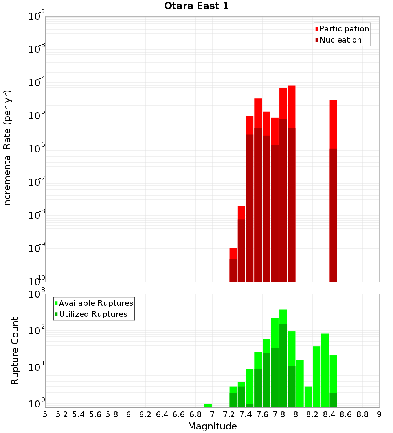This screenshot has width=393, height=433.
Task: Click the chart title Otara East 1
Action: tap(196, 6)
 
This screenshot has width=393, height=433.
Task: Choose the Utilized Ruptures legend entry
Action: tap(93, 314)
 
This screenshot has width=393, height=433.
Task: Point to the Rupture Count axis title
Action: tap(15, 351)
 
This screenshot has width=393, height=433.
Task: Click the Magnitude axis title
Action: tap(212, 426)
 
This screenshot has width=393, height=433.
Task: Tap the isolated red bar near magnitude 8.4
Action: tap(333, 191)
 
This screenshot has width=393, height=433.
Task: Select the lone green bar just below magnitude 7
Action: tap(208, 405)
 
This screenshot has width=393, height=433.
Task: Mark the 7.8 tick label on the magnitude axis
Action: tap(279, 414)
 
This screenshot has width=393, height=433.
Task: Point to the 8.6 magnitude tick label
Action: tap(346, 414)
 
